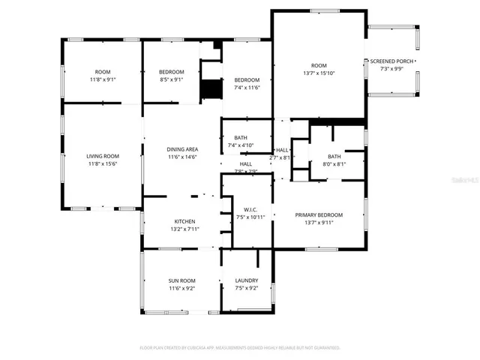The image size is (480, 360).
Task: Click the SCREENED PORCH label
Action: (x=392, y=61)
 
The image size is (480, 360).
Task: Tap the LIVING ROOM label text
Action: (x=103, y=156)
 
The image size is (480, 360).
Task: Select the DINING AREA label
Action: (x=181, y=149)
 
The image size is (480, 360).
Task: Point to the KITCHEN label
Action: (x=184, y=221)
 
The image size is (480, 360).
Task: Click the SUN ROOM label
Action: (x=181, y=280)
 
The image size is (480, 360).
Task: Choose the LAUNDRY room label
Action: (x=247, y=280)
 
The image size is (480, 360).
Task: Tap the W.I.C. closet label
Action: (x=250, y=209)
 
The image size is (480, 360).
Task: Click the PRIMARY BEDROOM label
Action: (x=319, y=214)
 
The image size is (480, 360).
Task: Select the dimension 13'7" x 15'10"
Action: (x=319, y=73)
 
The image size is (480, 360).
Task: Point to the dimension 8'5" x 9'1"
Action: (x=171, y=79)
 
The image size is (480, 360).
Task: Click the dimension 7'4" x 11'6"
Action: (x=247, y=88)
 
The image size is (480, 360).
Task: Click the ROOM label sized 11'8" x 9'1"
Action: (x=103, y=71)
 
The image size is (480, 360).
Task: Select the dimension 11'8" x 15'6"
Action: (x=103, y=163)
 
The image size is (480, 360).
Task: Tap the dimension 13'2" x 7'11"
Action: (x=184, y=229)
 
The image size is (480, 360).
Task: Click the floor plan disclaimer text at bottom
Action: (x=240, y=348)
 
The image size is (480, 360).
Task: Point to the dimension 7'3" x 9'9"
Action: (x=392, y=68)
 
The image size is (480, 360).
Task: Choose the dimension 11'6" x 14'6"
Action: (x=181, y=157)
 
